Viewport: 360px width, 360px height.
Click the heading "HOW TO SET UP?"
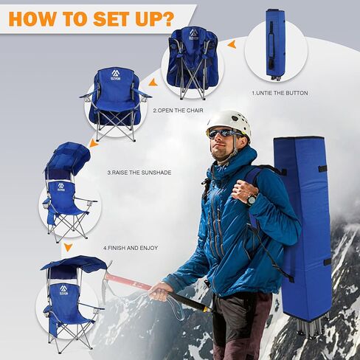(92, 18)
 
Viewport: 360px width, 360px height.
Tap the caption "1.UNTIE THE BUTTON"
(280, 93)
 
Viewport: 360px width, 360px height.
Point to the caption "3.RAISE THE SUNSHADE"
(139, 172)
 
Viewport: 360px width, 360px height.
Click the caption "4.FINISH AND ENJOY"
(131, 248)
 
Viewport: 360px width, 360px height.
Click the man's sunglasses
(222, 134)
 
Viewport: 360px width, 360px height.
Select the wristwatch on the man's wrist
(252, 198)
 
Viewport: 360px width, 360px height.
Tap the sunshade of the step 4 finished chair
(74, 263)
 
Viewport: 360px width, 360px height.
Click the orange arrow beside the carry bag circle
(232, 45)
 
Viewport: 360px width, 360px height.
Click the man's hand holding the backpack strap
(243, 190)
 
